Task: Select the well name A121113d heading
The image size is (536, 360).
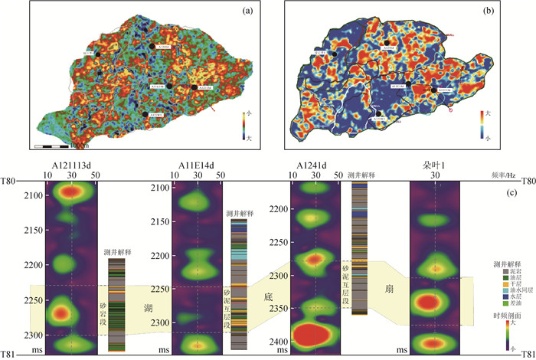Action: (71, 165)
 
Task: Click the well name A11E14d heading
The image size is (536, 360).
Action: (198, 165)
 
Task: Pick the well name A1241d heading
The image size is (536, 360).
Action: (315, 165)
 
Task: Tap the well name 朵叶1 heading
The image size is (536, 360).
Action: (433, 165)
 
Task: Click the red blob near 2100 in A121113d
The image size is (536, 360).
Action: (71, 191)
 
